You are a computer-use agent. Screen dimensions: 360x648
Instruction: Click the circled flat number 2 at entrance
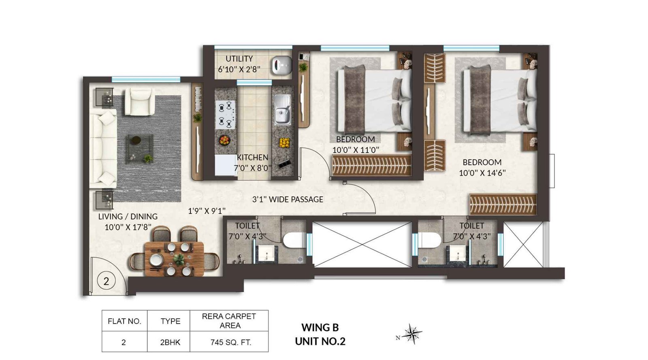click(x=106, y=281)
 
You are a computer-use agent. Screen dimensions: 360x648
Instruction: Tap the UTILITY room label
click(x=239, y=59)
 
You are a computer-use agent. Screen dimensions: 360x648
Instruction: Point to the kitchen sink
click(x=282, y=110)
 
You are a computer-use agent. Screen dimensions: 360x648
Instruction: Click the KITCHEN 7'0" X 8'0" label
click(x=252, y=162)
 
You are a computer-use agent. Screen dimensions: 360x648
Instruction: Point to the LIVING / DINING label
click(x=128, y=217)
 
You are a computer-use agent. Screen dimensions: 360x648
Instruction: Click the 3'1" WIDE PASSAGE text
click(x=288, y=199)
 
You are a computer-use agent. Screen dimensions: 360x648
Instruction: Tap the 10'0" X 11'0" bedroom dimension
click(x=356, y=150)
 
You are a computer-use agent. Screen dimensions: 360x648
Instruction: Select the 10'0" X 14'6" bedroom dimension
click(x=482, y=173)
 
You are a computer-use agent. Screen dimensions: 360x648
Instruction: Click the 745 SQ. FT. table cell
click(x=230, y=342)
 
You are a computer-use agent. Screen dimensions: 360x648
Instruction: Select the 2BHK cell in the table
click(x=170, y=342)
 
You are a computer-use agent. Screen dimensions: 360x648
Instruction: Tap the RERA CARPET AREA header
click(x=229, y=321)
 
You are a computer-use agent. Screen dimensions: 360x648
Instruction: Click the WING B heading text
click(x=320, y=327)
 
